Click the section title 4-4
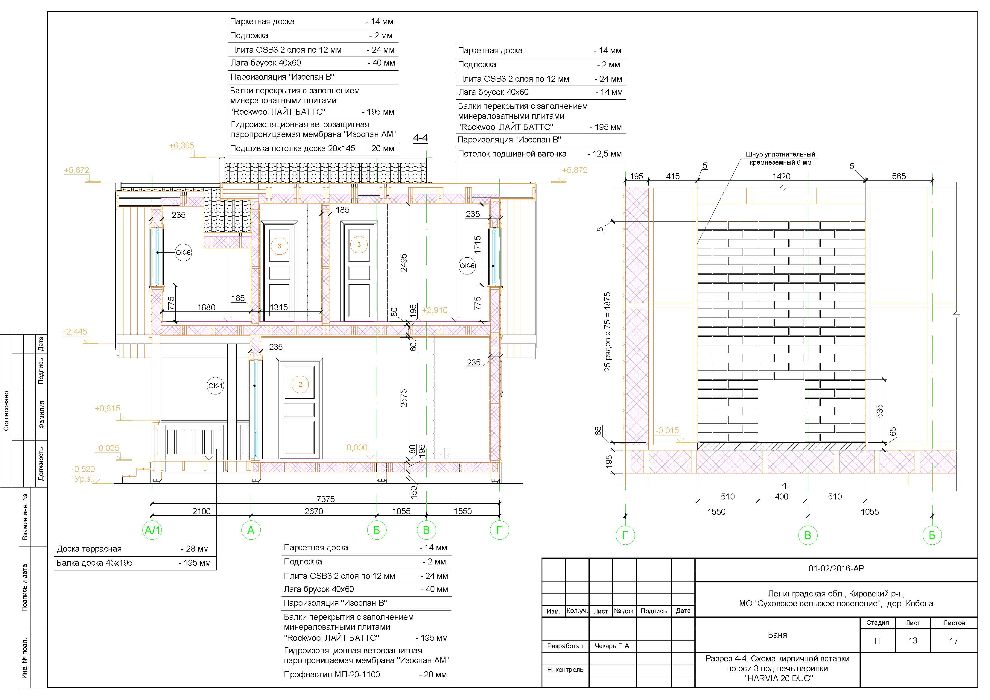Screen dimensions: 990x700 pyautogui.click(x=420, y=138)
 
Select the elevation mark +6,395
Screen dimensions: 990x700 pyautogui.click(x=182, y=146)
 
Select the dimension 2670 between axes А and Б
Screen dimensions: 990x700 pyautogui.click(x=314, y=511)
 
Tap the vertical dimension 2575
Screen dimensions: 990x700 pyautogui.click(x=404, y=398)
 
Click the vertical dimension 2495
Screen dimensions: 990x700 pyautogui.click(x=404, y=263)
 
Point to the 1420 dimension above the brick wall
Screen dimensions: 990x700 pyautogui.click(x=781, y=176)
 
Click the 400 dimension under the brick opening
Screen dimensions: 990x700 pyautogui.click(x=781, y=496)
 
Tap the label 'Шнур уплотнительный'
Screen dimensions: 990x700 pyautogui.click(x=781, y=154)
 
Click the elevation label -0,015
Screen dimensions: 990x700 pyautogui.click(x=667, y=430)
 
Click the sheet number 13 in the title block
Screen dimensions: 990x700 pyautogui.click(x=913, y=640)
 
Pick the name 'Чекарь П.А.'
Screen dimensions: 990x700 pyautogui.click(x=612, y=646)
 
